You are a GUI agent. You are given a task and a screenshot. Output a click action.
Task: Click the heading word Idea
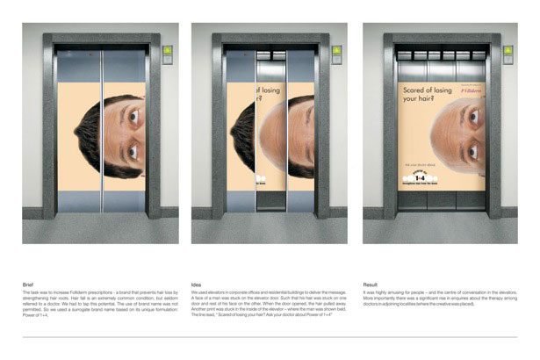click(x=197, y=284)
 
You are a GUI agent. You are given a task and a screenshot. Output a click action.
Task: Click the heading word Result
click(x=372, y=284)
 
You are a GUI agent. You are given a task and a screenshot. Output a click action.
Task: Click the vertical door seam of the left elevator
click(x=101, y=132)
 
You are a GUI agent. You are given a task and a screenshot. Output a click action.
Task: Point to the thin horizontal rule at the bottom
click(x=270, y=336)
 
